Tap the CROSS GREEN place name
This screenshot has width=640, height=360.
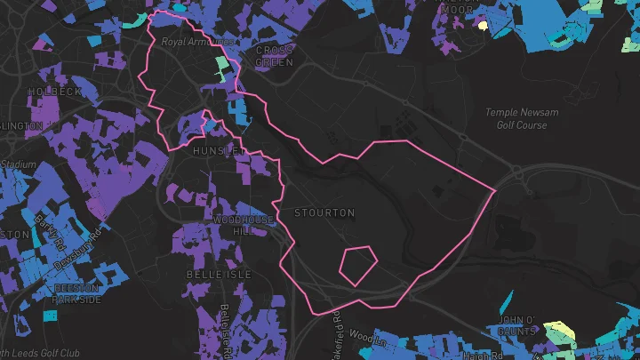tap(274, 56)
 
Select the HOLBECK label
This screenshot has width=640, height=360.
tap(55, 92)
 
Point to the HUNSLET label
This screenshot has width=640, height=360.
tap(218, 152)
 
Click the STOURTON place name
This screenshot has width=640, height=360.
tap(324, 213)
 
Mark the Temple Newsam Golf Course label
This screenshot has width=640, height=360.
tap(516, 118)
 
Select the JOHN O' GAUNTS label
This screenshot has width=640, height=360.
tap(516, 325)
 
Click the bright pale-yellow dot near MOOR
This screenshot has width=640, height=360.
tap(484, 26)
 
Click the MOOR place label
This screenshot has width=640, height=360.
tap(459, 9)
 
